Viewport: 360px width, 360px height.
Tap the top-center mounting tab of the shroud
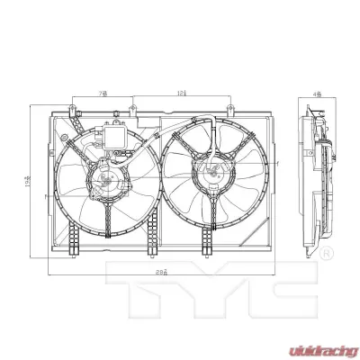(x=132, y=111)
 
